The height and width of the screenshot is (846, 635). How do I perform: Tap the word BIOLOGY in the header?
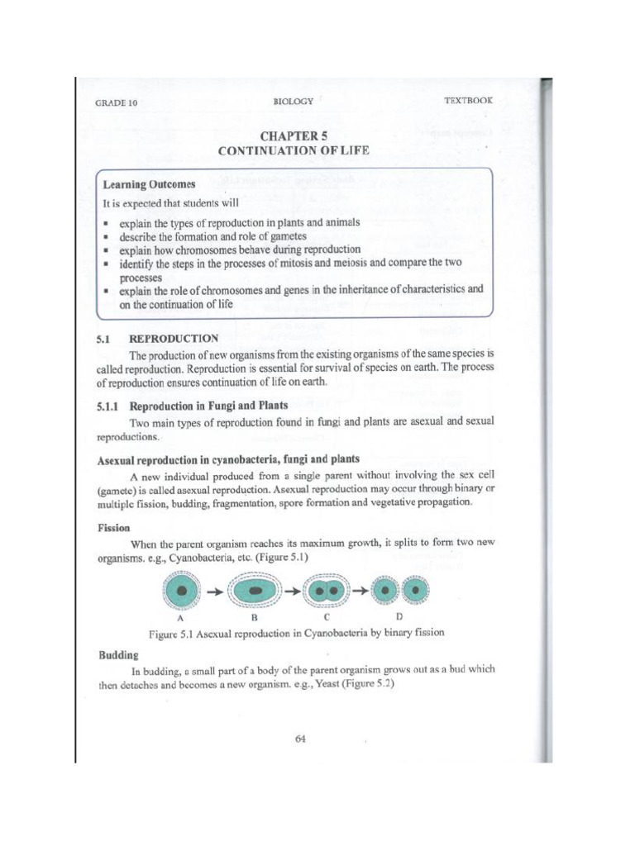(294, 101)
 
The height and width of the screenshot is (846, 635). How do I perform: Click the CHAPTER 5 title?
(294, 135)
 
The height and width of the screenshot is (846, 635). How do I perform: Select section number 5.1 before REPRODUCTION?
(107, 338)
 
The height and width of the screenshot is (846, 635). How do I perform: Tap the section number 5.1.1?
(109, 405)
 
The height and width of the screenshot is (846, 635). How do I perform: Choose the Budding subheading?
(116, 654)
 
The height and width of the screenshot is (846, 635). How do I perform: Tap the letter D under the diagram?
(401, 616)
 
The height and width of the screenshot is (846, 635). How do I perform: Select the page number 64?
(300, 739)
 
